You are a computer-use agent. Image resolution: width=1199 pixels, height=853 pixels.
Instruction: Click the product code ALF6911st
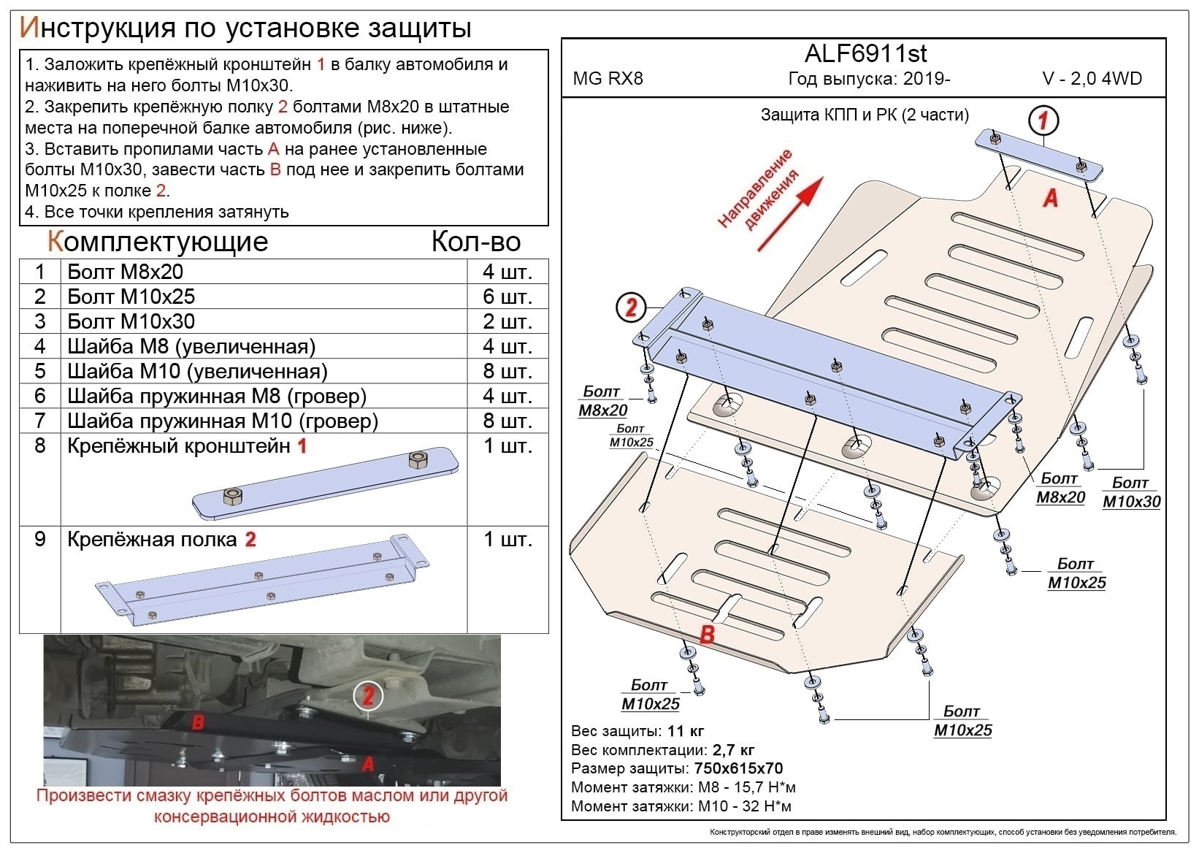[865, 53]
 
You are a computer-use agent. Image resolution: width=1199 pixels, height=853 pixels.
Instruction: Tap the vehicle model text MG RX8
[608, 79]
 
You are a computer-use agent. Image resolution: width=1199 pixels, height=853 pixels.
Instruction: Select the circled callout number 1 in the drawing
[1043, 120]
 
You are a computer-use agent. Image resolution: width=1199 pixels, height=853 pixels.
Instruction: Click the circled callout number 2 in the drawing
[631, 307]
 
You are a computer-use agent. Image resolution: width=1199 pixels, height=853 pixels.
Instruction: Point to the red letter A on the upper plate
[1050, 197]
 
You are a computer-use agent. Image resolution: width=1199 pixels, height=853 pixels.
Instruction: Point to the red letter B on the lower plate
[706, 635]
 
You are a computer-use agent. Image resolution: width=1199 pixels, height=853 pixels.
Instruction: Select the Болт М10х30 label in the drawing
[1131, 492]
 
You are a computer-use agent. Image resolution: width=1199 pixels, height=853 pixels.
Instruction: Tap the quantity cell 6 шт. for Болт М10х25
[507, 297]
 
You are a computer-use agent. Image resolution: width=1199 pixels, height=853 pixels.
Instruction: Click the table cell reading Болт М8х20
[125, 272]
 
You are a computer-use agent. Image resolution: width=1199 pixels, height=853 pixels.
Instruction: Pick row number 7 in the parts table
[40, 421]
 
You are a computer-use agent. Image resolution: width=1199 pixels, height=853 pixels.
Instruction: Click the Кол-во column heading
[475, 242]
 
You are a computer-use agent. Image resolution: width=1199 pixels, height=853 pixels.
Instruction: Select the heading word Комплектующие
[158, 242]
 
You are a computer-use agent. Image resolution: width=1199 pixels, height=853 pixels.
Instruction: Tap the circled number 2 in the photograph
[368, 695]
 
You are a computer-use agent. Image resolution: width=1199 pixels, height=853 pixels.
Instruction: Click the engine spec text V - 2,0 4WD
[1092, 79]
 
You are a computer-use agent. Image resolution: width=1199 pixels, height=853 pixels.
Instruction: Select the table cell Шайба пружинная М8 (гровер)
[216, 396]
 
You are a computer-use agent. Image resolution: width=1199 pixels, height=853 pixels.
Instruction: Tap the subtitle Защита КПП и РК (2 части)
[865, 115]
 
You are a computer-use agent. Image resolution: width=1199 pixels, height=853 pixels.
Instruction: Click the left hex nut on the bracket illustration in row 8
[233, 497]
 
